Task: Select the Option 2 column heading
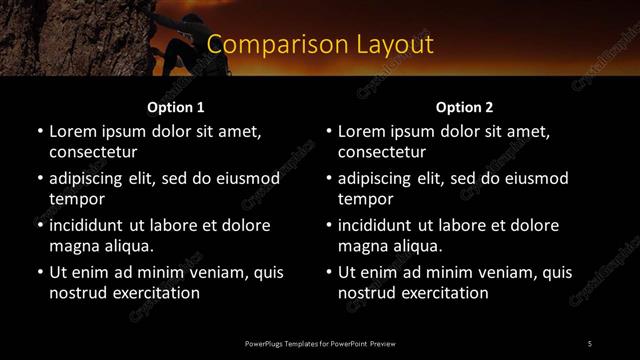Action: (x=464, y=107)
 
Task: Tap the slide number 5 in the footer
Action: (x=589, y=344)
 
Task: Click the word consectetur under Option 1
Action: (x=93, y=153)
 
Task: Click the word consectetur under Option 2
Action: (x=382, y=153)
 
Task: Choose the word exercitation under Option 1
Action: (x=155, y=293)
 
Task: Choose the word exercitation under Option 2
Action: (x=444, y=293)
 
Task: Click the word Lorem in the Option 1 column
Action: (x=72, y=131)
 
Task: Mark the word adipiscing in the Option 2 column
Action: (x=378, y=178)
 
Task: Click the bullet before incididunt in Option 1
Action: (x=40, y=225)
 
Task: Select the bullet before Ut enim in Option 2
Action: (x=329, y=272)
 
